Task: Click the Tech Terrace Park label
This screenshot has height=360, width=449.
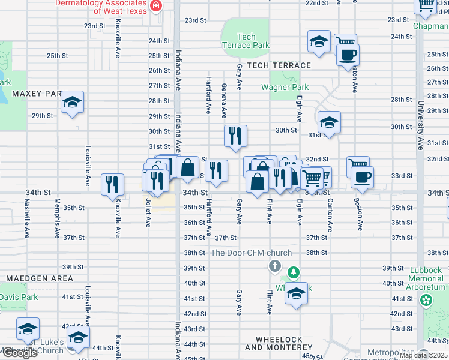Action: point(246,41)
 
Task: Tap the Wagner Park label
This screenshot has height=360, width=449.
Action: point(285,87)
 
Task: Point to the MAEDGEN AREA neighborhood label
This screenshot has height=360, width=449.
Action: point(40,278)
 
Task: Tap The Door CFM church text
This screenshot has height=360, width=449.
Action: point(251,253)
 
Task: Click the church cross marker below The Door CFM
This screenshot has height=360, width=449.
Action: point(274,266)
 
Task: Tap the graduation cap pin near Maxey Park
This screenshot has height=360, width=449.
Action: point(73,103)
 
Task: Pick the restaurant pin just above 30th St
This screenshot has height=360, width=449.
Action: point(235,136)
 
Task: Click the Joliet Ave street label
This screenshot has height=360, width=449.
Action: point(148,213)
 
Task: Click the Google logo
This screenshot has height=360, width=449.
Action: point(19,353)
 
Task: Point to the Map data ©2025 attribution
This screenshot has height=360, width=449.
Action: point(423,355)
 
